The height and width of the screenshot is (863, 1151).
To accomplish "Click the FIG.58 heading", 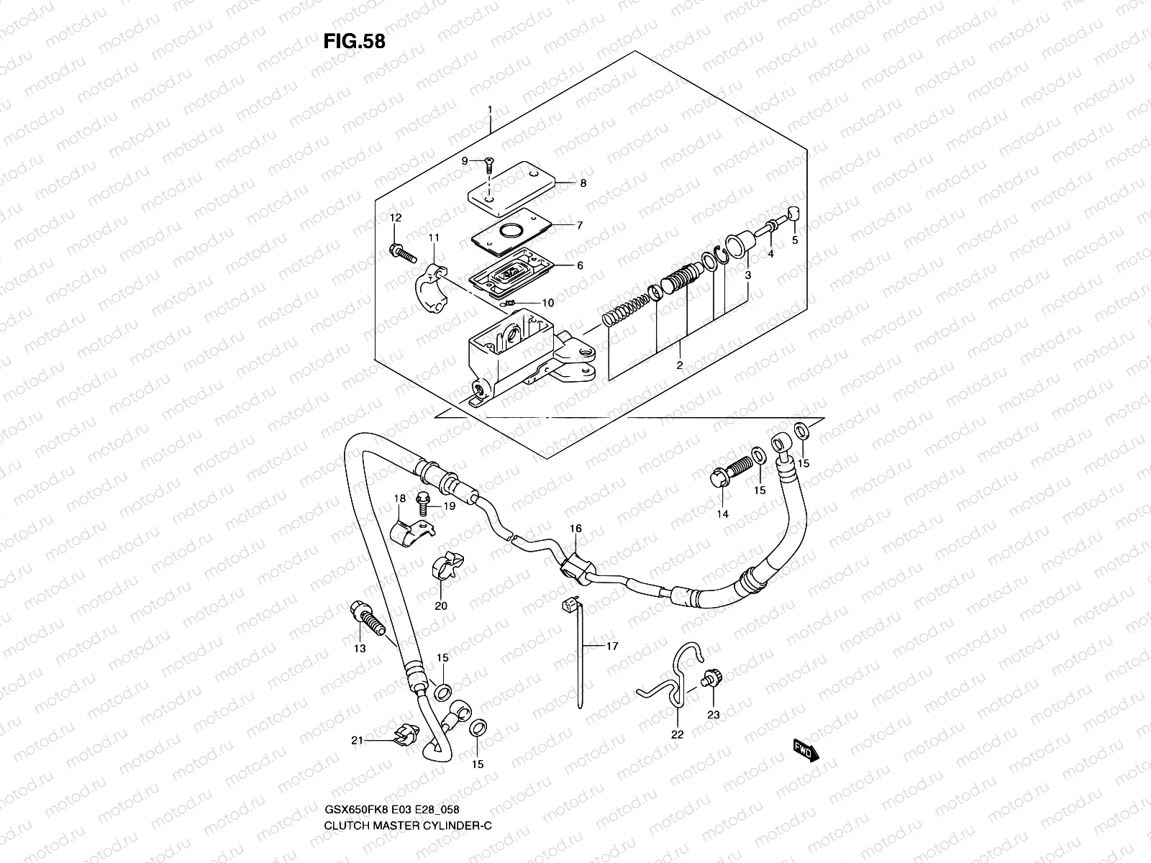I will (354, 41).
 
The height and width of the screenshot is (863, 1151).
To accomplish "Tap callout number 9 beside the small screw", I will (465, 160).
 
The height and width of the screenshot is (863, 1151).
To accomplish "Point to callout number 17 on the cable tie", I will (611, 647).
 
